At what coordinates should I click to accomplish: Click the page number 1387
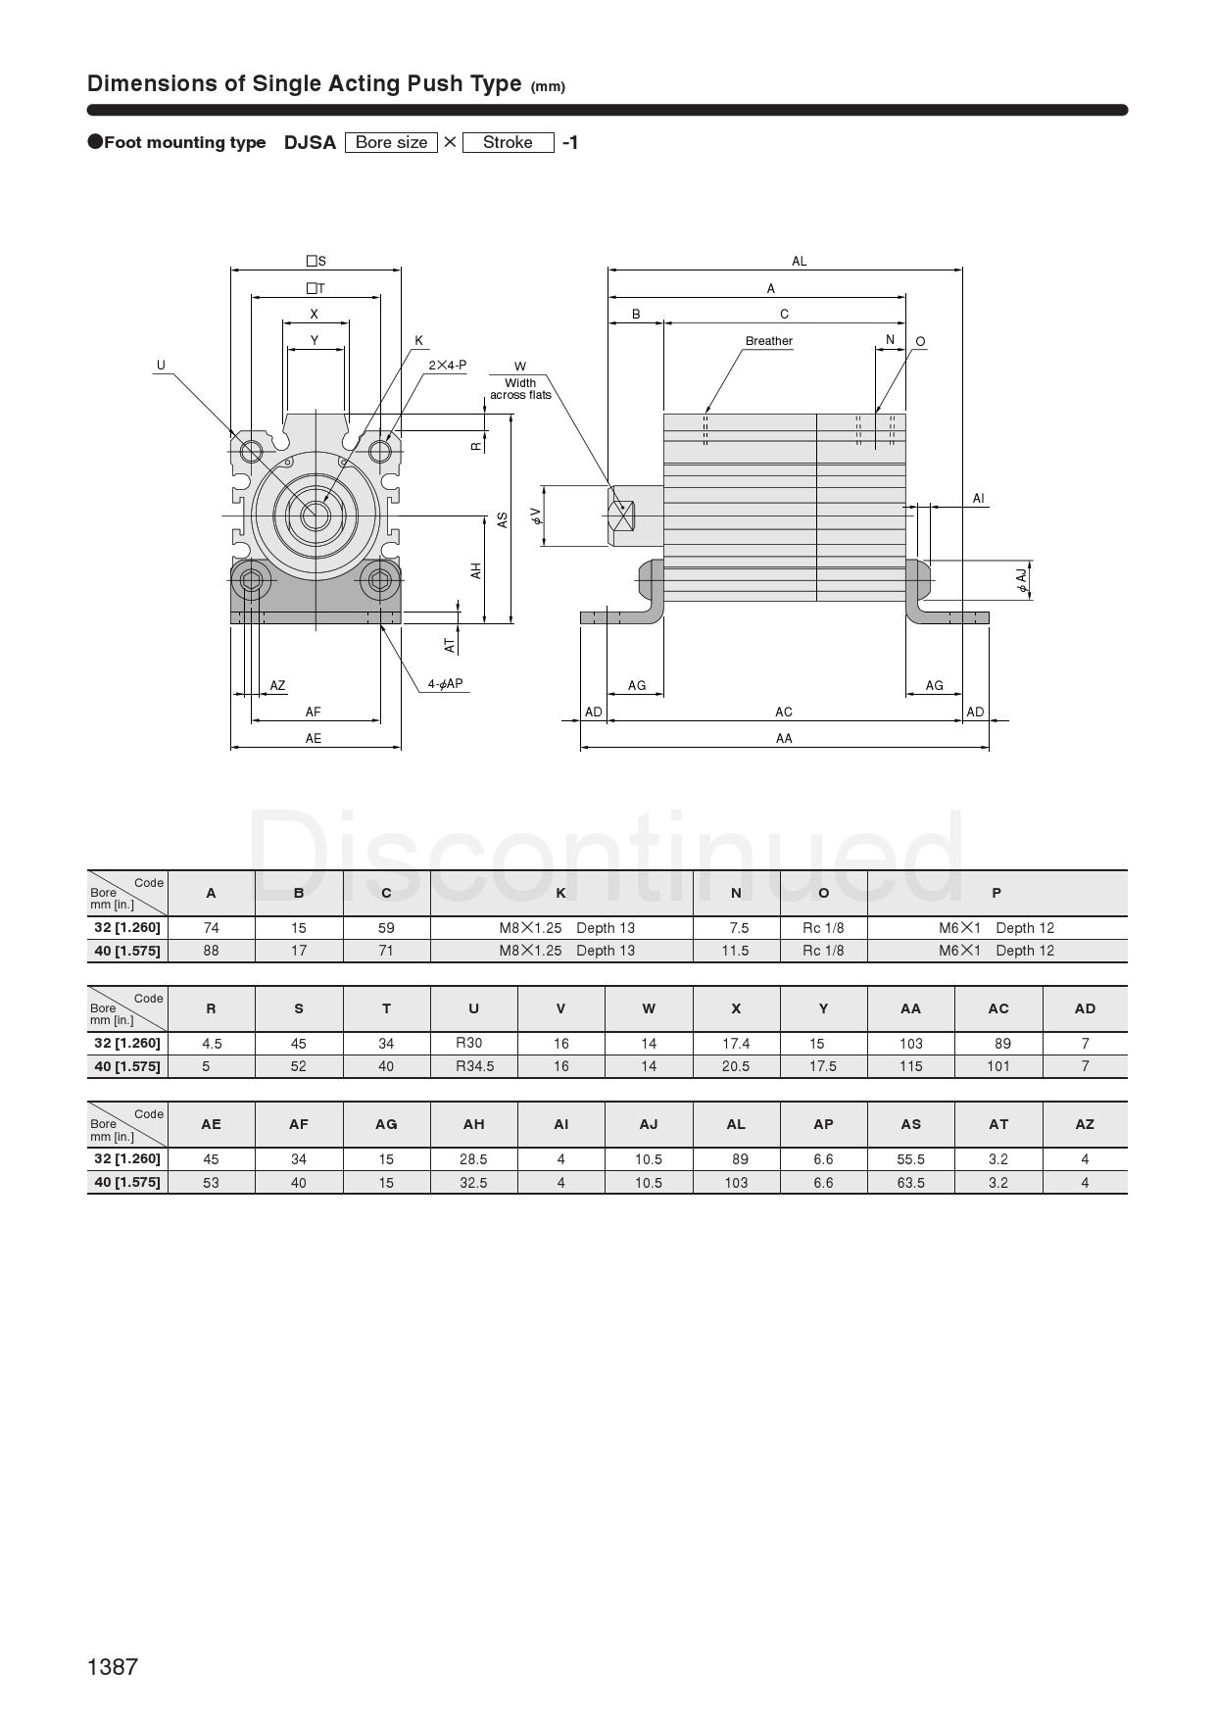click(x=113, y=1666)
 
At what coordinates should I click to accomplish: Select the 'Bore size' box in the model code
click(x=391, y=142)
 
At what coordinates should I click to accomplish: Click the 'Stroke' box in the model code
click(x=508, y=142)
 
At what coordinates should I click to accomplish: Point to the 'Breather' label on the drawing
click(x=769, y=341)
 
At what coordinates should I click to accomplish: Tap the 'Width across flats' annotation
click(x=520, y=389)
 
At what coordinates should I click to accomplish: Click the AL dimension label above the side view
click(x=800, y=262)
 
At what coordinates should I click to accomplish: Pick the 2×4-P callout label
click(x=447, y=366)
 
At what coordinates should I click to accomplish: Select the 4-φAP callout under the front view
click(x=445, y=684)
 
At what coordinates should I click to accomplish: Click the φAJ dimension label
click(x=1022, y=580)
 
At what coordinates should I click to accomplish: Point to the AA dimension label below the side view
click(x=784, y=739)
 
